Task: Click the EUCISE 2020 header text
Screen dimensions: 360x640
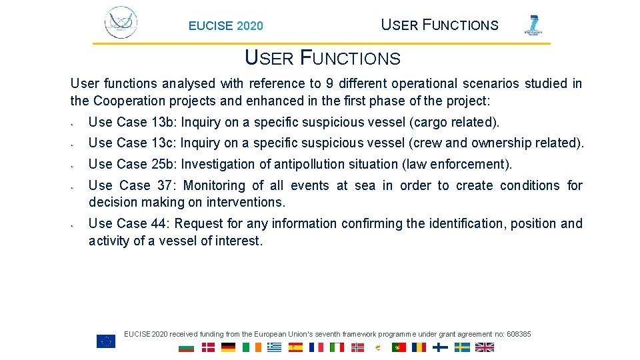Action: click(x=225, y=26)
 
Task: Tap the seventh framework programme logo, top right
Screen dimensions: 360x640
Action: click(x=533, y=25)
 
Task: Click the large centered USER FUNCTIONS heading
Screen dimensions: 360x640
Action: click(x=323, y=58)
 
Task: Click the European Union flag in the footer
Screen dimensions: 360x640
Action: click(x=106, y=341)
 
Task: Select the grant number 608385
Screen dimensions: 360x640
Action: click(x=519, y=334)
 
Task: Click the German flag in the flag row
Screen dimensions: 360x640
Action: click(x=229, y=347)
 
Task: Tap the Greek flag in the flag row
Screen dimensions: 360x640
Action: click(x=274, y=347)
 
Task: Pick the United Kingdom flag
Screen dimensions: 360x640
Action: click(x=485, y=347)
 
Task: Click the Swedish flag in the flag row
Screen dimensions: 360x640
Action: click(x=462, y=347)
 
